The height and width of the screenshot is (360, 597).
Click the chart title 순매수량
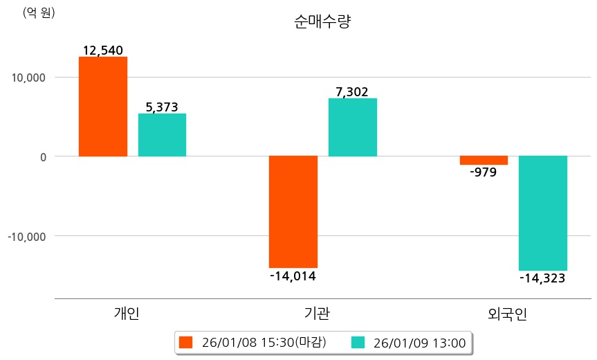coord(322,22)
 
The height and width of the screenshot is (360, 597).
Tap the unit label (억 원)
coord(39,12)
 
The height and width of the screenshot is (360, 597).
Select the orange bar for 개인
coord(103,107)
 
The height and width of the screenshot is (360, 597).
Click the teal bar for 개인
coord(162,135)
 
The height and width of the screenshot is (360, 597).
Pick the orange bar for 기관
coord(293,211)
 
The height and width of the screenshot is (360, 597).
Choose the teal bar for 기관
coord(353,127)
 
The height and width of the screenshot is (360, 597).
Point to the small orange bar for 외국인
coord(484,160)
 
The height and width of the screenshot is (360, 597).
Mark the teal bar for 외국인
coord(543,213)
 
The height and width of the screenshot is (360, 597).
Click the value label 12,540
coord(102,51)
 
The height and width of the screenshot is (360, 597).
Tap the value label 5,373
coord(162,107)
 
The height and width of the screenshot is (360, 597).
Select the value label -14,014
coord(293,276)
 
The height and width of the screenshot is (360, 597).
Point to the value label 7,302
coord(352,91)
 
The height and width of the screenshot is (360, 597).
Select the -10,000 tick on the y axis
coord(26,236)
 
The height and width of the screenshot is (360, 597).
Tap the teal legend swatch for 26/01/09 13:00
coord(358,342)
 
